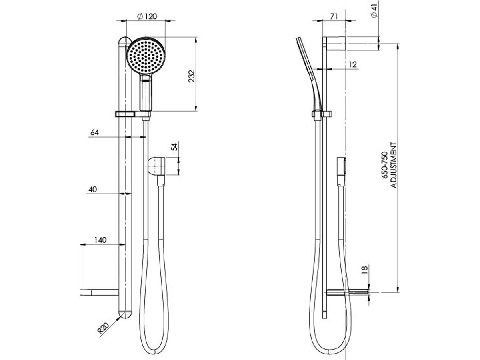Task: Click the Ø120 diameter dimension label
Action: [146, 16]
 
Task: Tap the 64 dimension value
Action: [94, 132]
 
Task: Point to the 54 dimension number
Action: [174, 147]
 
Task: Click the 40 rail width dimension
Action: [93, 189]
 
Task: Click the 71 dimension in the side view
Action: [334, 16]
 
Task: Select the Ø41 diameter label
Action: [374, 9]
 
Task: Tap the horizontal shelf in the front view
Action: [99, 292]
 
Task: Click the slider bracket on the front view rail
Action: [125, 114]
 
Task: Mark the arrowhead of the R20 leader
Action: [120, 316]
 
